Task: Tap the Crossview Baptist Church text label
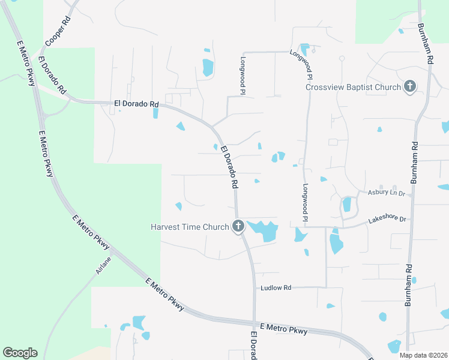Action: point(353,87)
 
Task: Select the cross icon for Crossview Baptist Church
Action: point(410,87)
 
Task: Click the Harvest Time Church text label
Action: point(190,227)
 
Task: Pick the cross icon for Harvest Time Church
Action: point(238,226)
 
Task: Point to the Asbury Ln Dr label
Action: point(387,192)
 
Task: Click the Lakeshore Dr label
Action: point(387,220)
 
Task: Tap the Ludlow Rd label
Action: point(276,288)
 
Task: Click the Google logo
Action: point(20,353)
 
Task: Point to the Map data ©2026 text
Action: point(423,355)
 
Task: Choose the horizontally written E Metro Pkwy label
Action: point(285,329)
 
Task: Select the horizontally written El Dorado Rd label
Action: point(136,104)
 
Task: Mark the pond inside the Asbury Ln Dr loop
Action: point(347,205)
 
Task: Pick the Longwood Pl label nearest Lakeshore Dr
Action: point(305,200)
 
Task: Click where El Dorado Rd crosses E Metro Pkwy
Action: point(255,322)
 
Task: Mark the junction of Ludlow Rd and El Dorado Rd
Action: point(255,287)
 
